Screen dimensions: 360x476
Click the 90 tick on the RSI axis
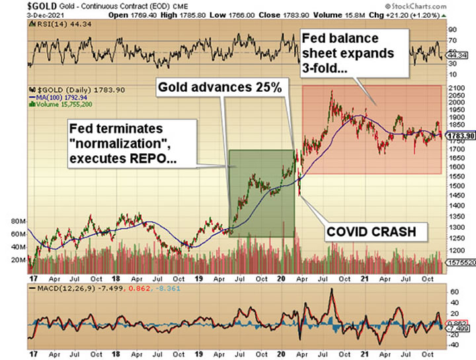pyautogui.click(x=452, y=30)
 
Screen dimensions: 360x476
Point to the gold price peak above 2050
pyautogui.click(x=331, y=91)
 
